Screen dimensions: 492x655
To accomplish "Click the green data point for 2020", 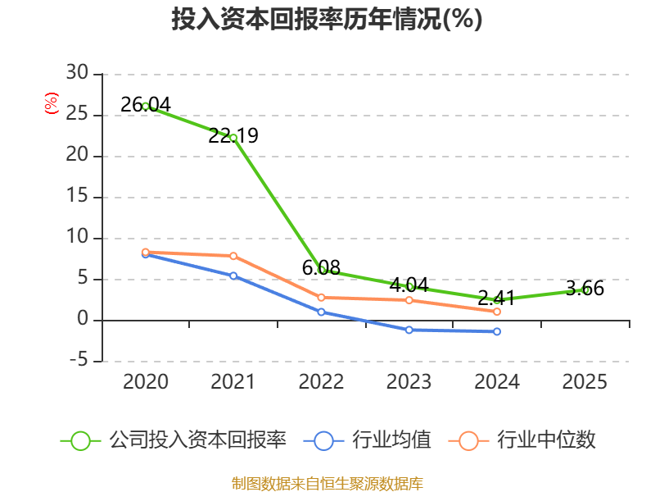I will tap(146, 106).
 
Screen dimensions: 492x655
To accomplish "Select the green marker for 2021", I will tap(233, 138).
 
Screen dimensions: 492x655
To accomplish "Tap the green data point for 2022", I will tap(322, 269).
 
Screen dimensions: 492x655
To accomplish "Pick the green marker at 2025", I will tap(585, 289).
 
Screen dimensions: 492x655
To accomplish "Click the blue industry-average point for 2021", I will tap(233, 276).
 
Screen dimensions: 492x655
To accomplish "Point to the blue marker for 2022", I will tap(322, 312).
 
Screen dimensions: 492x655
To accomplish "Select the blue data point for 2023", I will tap(409, 330).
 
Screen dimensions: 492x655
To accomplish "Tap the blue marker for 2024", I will tap(497, 331).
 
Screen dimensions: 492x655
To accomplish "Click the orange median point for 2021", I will tap(233, 256).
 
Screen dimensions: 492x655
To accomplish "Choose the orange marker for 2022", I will tap(322, 297).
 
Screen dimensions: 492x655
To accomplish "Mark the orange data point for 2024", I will tap(497, 312).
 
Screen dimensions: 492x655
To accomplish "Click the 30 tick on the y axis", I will tap(78, 74).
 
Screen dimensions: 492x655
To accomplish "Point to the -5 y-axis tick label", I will tap(78, 361).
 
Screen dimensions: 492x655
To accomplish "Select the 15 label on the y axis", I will tap(78, 197).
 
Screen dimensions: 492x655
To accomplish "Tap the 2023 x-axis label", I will tap(409, 382).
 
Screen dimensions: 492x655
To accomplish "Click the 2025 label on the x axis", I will tap(585, 382).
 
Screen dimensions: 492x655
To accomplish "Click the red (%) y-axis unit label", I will tap(52, 104).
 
